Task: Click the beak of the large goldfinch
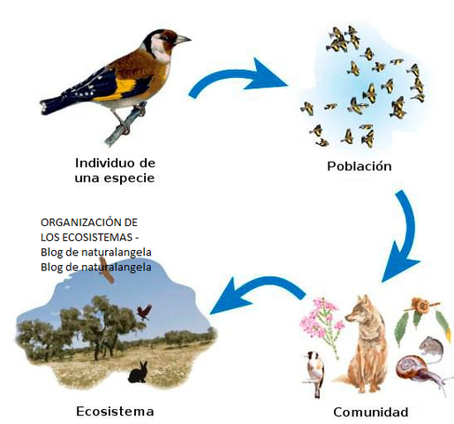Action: click(x=183, y=40)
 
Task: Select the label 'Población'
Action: click(x=359, y=166)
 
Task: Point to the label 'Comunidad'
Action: click(x=370, y=412)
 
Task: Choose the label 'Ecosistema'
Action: click(x=115, y=412)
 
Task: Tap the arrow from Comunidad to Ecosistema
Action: click(x=252, y=296)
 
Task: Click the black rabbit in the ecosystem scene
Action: click(x=138, y=374)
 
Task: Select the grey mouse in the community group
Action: click(x=431, y=343)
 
